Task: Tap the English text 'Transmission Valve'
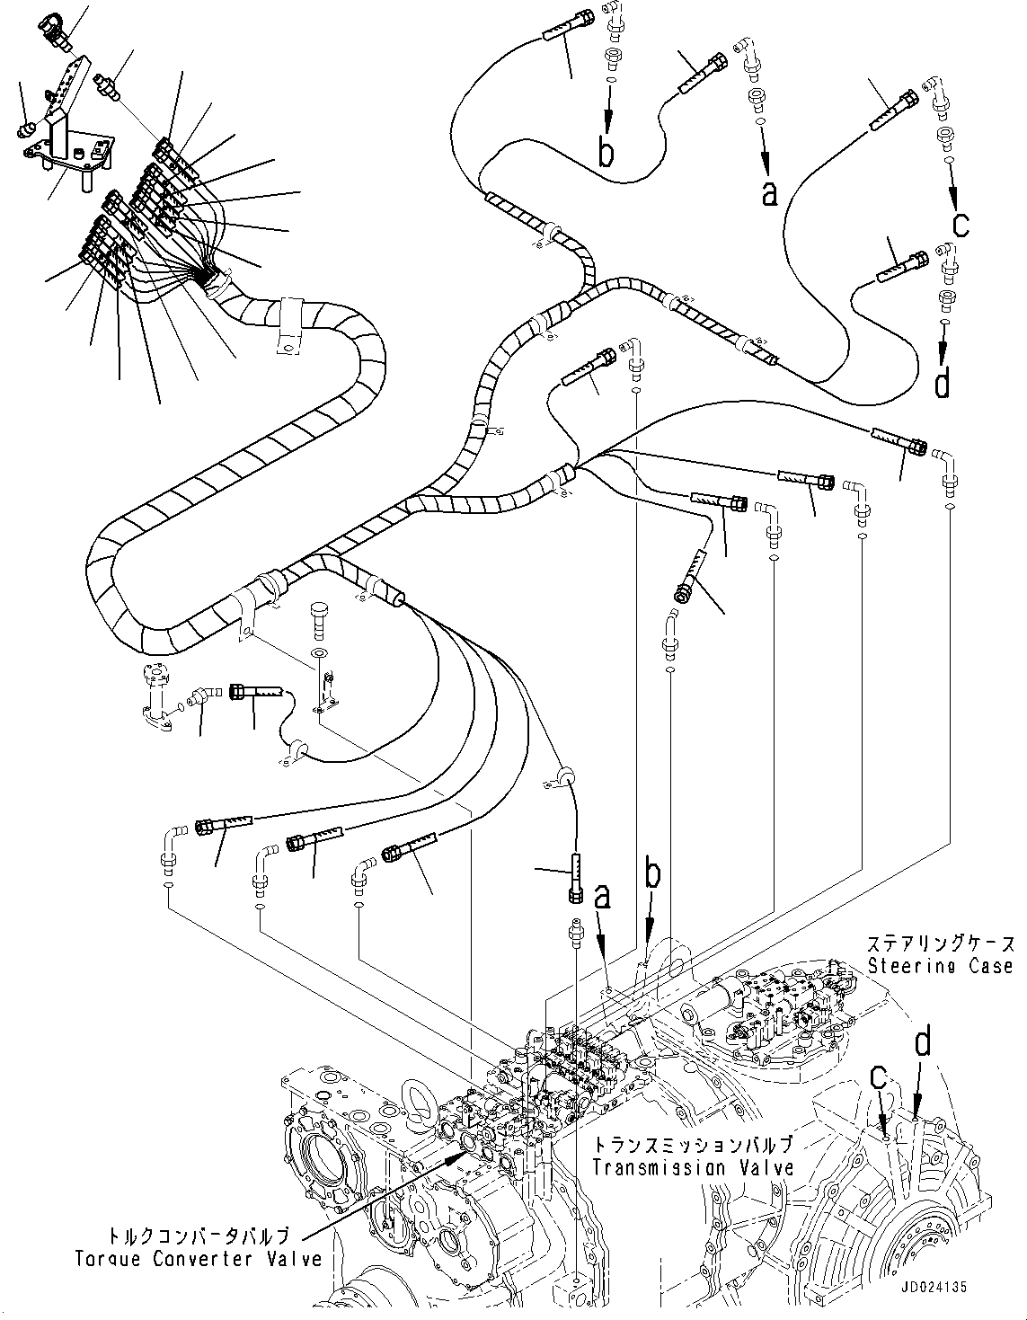click(693, 1167)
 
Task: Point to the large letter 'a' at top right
click(769, 191)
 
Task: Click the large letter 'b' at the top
click(607, 153)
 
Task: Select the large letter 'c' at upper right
click(961, 222)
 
